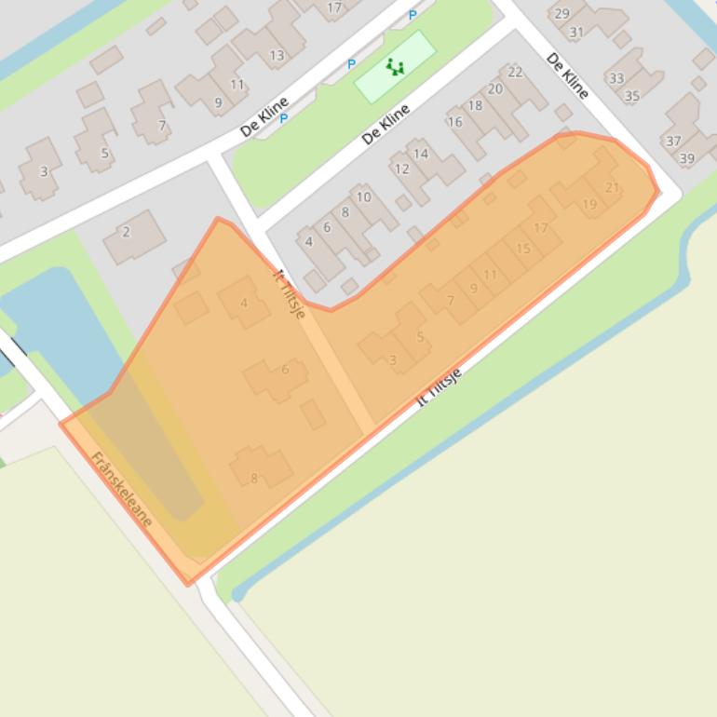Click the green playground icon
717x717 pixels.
395,67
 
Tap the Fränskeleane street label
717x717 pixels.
121,489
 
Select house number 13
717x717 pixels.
277,55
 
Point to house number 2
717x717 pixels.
127,232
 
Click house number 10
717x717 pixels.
364,196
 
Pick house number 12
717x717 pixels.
402,169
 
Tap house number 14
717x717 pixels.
421,154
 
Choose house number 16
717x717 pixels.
454,122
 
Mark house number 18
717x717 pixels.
475,105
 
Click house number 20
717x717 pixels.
495,89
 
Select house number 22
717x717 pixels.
515,72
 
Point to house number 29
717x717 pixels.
561,13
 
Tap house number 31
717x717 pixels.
576,32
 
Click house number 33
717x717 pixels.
616,78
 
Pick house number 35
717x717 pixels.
632,95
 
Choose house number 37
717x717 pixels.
672,142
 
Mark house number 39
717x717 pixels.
687,158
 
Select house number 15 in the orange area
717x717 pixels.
523,249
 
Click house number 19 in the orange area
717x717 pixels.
589,205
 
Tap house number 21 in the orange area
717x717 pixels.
612,187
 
